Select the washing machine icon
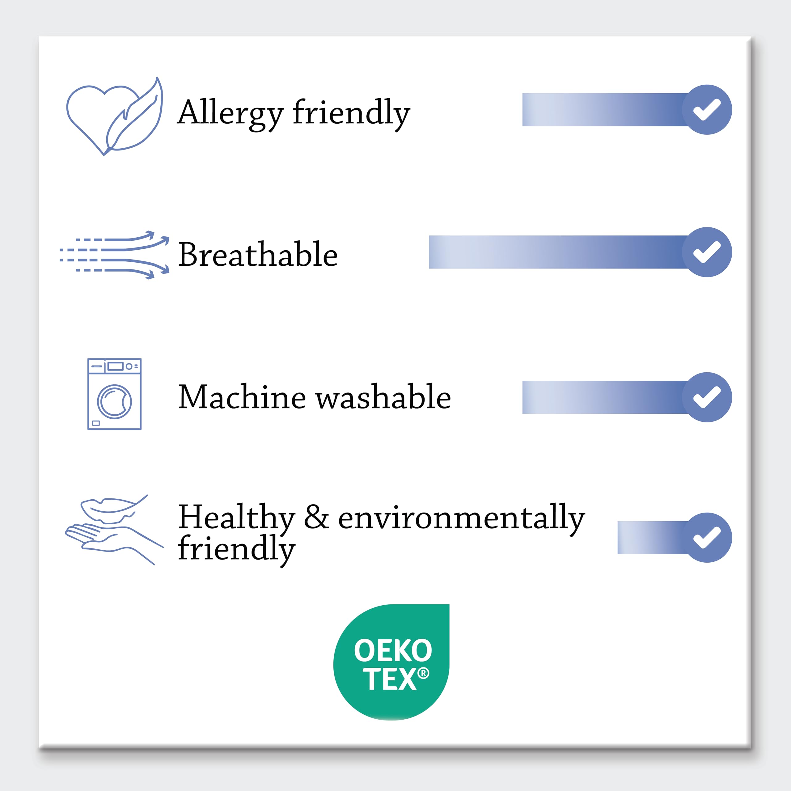point(114,394)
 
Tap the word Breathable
point(258,254)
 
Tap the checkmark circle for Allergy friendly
point(707,110)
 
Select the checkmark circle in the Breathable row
point(707,252)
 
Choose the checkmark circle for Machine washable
point(707,397)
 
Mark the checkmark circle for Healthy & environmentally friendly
point(707,538)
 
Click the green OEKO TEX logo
point(391,662)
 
